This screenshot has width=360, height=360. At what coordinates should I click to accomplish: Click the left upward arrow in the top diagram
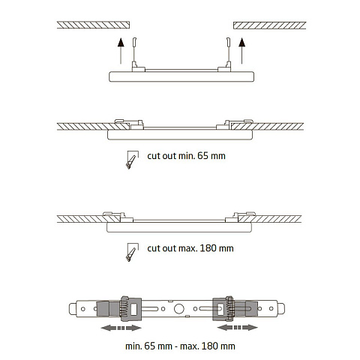point(121,51)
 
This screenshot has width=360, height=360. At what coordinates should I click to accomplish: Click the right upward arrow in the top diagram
point(241,51)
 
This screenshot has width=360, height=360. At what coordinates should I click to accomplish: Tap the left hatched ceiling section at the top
point(93,25)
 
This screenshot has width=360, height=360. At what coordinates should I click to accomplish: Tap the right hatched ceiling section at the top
point(270,25)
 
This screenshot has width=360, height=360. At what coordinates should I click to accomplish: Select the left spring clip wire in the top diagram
point(134,51)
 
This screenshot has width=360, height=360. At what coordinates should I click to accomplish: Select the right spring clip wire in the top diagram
point(228,51)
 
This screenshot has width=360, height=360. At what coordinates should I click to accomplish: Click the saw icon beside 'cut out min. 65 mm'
point(132,160)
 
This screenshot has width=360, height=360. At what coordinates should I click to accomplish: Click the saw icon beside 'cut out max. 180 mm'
point(132,252)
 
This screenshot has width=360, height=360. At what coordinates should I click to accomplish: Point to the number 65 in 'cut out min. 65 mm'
point(202,156)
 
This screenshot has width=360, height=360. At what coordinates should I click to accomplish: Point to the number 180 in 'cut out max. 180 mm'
point(208,248)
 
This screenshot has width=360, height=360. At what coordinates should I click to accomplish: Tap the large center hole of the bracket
point(178,309)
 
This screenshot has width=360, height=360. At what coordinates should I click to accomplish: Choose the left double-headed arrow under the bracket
point(121,328)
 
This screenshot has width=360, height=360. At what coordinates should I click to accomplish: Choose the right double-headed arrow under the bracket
point(238,327)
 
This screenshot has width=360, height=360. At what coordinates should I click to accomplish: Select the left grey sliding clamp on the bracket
point(119,309)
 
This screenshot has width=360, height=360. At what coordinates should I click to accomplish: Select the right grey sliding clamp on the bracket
point(235,309)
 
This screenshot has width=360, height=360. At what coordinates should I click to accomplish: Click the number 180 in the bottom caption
point(209,346)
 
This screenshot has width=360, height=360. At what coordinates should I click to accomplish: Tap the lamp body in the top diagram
point(181,76)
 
